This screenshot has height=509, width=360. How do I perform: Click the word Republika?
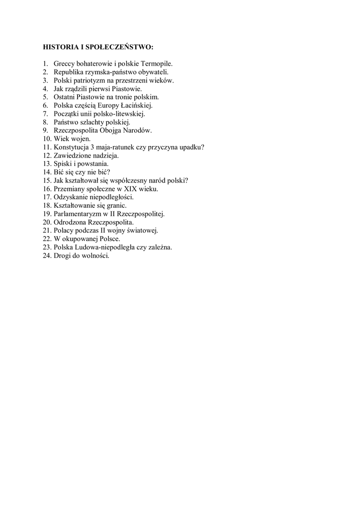[68, 72]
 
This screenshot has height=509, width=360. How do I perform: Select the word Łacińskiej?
[136, 105]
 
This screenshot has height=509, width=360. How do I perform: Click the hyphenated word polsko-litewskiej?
[120, 114]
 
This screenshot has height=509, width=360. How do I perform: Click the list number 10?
[47, 139]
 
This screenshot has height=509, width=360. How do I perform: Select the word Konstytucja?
[72, 147]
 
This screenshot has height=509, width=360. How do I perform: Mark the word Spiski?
[63, 164]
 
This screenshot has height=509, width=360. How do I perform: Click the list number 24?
[47, 255]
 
